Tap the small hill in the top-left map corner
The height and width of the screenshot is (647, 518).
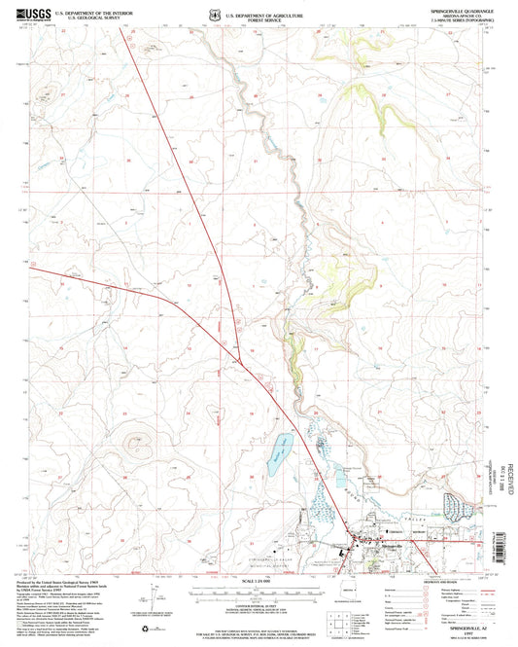click(x=147, y=46)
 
